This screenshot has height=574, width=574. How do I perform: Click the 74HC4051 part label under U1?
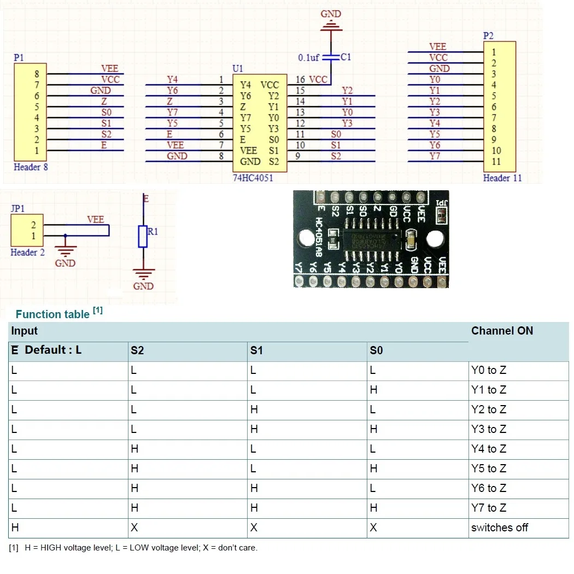click(253, 178)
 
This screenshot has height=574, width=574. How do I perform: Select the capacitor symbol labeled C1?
click(331, 57)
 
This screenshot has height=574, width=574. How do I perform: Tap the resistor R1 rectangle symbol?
click(143, 236)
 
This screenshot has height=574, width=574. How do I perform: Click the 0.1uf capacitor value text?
click(308, 57)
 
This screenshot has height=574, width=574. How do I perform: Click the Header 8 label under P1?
click(31, 167)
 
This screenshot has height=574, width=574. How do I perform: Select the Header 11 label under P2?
click(499, 178)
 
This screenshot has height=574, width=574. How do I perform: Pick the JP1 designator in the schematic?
click(17, 208)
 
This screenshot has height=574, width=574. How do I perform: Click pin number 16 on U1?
click(300, 80)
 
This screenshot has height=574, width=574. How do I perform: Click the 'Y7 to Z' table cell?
click(489, 508)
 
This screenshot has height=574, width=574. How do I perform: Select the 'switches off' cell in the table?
click(499, 528)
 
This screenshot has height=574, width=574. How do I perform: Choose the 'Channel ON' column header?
click(502, 331)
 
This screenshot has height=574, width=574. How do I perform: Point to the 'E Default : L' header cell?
click(46, 350)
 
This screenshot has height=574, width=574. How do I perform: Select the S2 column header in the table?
click(137, 350)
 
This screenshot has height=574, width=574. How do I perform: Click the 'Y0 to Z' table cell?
click(489, 371)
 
